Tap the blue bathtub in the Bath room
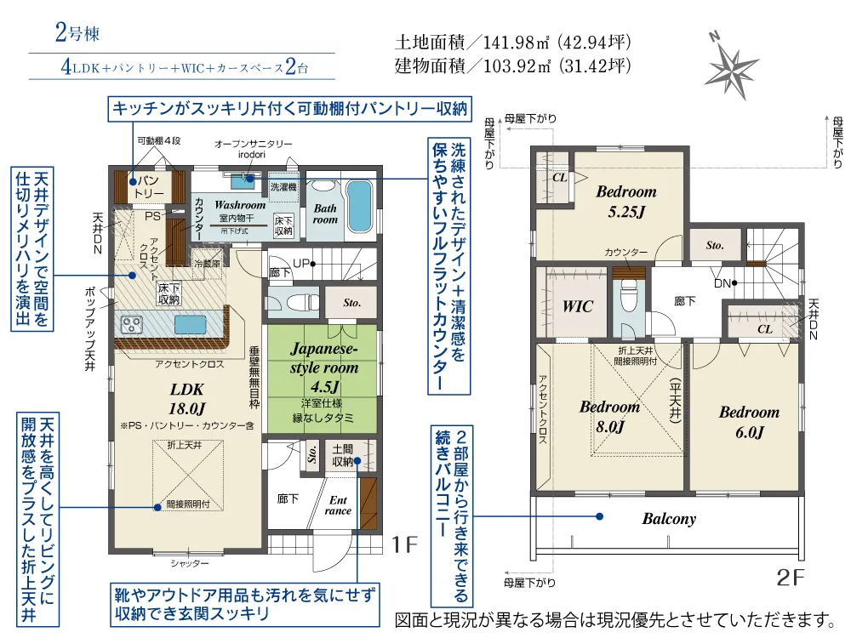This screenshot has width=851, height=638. (359, 206)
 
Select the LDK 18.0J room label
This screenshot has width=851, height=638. (186, 399)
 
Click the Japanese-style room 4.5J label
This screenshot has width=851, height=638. (324, 367)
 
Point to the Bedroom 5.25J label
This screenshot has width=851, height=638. (626, 202)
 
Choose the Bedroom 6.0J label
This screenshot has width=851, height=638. (749, 422)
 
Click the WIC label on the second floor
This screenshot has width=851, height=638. (578, 306)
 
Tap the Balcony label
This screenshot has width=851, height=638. (669, 519)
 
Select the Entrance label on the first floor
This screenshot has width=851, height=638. (338, 505)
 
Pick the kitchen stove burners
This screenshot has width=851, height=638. (131, 324)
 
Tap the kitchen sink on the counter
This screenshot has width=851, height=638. (190, 324)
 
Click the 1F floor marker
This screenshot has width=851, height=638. (405, 544)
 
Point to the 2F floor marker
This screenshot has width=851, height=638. (791, 578)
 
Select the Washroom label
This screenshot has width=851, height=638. (240, 205)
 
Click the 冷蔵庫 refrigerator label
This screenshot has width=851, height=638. (207, 264)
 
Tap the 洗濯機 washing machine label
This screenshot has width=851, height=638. (283, 187)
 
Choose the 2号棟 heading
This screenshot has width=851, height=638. (77, 32)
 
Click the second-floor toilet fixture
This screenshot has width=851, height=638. (629, 296)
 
